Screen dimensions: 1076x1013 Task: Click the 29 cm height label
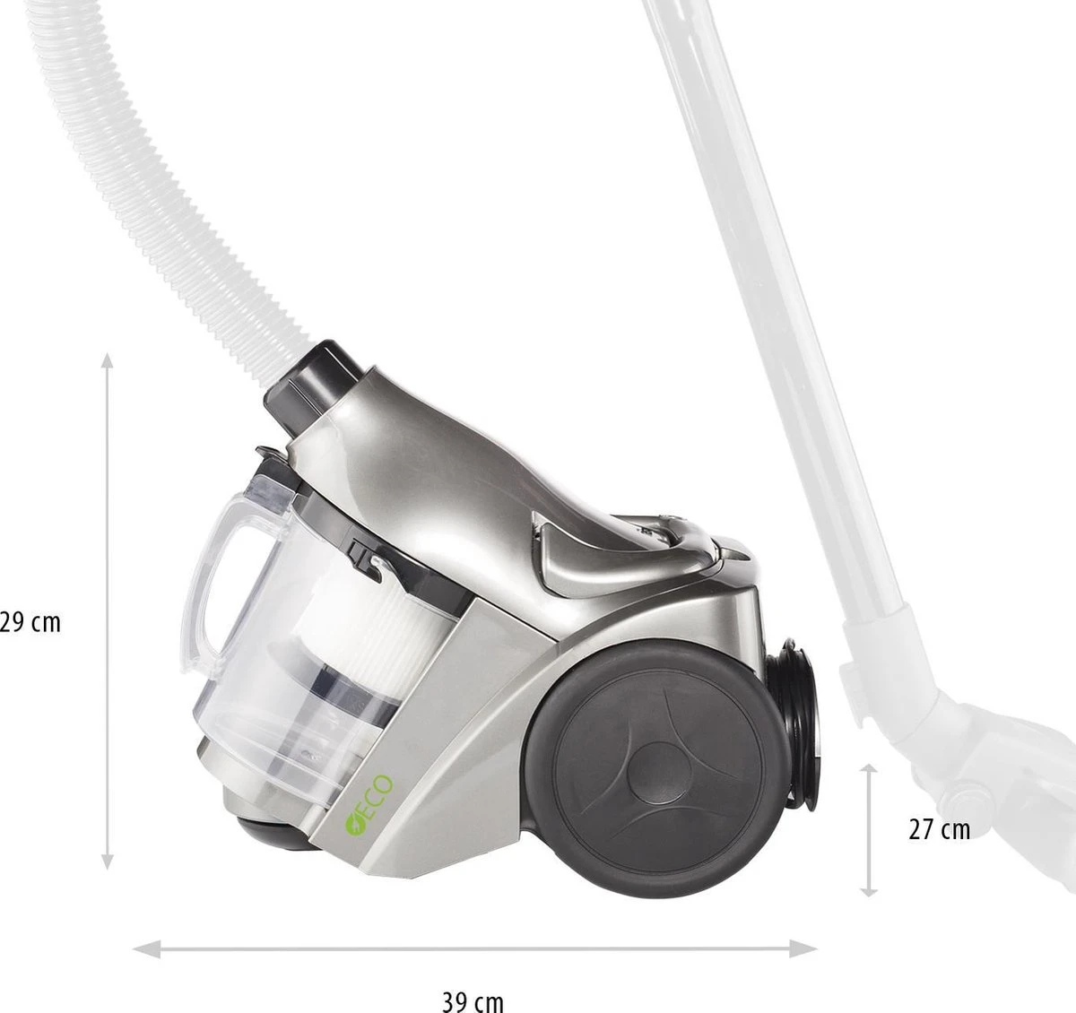tap(30, 622)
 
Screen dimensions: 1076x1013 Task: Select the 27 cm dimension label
tap(940, 829)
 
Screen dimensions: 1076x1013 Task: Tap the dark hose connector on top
tap(312, 387)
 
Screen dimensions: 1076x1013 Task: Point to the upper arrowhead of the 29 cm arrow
tap(108, 360)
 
